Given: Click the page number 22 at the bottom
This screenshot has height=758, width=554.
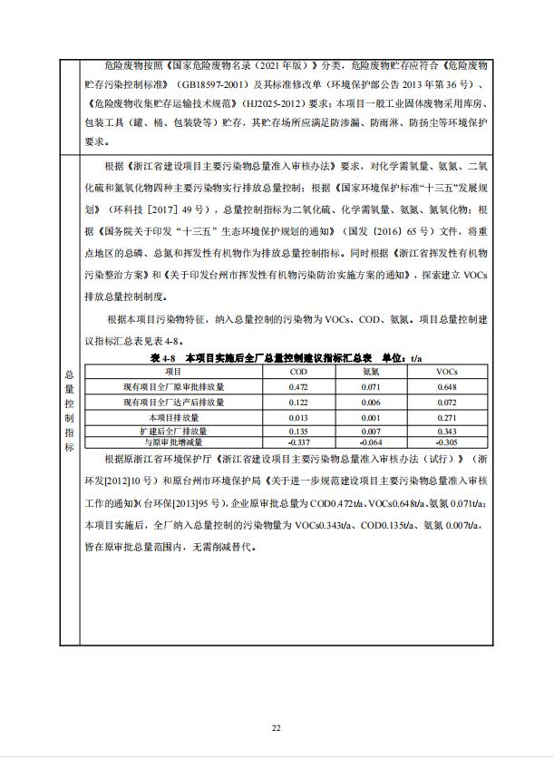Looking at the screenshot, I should coord(277,728).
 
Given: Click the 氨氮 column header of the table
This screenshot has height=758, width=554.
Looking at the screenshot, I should coord(371,372).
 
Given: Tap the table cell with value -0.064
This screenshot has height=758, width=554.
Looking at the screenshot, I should coord(371,442).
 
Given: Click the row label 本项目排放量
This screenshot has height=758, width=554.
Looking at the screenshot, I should coord(173,417).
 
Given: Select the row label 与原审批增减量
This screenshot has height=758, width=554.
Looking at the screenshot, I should coord(173,442).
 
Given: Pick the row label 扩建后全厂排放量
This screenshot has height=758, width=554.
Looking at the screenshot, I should coord(173,432).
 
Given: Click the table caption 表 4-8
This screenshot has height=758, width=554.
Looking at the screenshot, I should coord(147,359).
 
